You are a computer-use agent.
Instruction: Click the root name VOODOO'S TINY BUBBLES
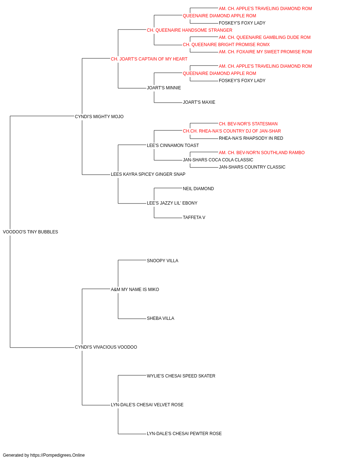(30, 232)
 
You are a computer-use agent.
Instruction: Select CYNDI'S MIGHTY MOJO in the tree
(99, 117)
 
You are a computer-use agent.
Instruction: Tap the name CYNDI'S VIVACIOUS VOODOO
(106, 347)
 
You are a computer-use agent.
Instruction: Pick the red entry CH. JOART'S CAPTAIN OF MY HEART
(149, 59)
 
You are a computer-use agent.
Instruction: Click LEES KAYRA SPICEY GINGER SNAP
(148, 174)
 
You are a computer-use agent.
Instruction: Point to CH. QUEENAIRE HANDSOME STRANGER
(190, 30)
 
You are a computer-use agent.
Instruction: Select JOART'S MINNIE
(164, 88)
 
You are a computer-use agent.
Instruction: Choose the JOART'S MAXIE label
(199, 102)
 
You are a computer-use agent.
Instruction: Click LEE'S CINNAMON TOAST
(173, 146)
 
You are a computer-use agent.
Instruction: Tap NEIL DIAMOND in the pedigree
(198, 189)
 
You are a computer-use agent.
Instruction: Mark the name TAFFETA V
(194, 218)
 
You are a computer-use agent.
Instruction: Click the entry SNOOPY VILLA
(162, 261)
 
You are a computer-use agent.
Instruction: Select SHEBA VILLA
(161, 318)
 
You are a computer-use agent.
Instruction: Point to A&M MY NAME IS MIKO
(135, 290)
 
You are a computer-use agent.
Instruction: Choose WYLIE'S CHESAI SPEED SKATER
(181, 376)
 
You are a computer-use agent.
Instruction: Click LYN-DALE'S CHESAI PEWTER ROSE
(184, 433)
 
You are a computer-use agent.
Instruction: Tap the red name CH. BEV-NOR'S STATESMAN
(248, 124)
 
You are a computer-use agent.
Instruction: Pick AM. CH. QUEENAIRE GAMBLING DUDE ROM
(265, 37)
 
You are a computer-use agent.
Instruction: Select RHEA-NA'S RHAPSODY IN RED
(251, 138)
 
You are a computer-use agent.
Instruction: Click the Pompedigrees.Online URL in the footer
(58, 455)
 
